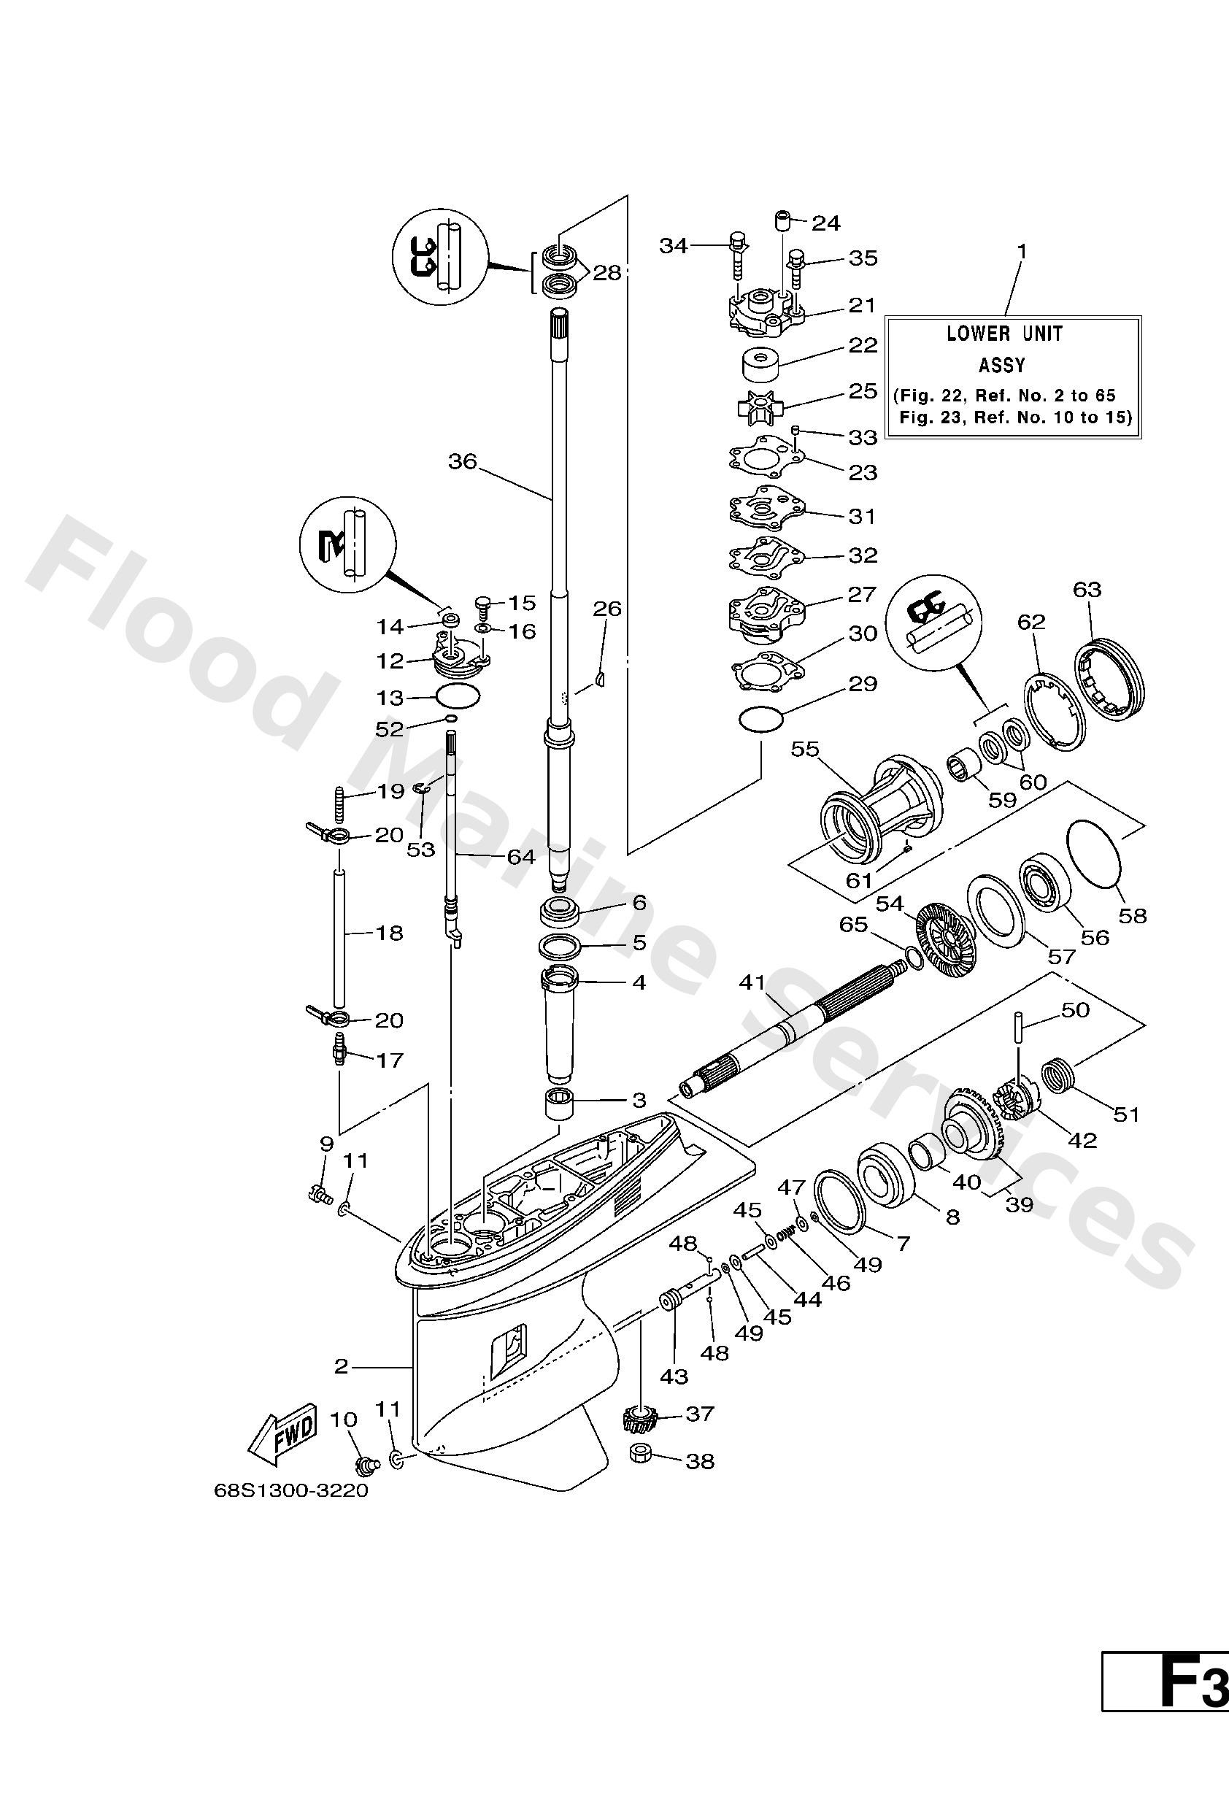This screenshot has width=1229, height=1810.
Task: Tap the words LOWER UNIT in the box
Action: pyautogui.click(x=1004, y=334)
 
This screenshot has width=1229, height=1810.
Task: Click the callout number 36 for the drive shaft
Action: pyautogui.click(x=462, y=462)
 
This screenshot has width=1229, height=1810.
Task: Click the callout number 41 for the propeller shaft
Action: pyautogui.click(x=753, y=983)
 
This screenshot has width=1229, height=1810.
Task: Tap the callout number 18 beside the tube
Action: pyautogui.click(x=390, y=932)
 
